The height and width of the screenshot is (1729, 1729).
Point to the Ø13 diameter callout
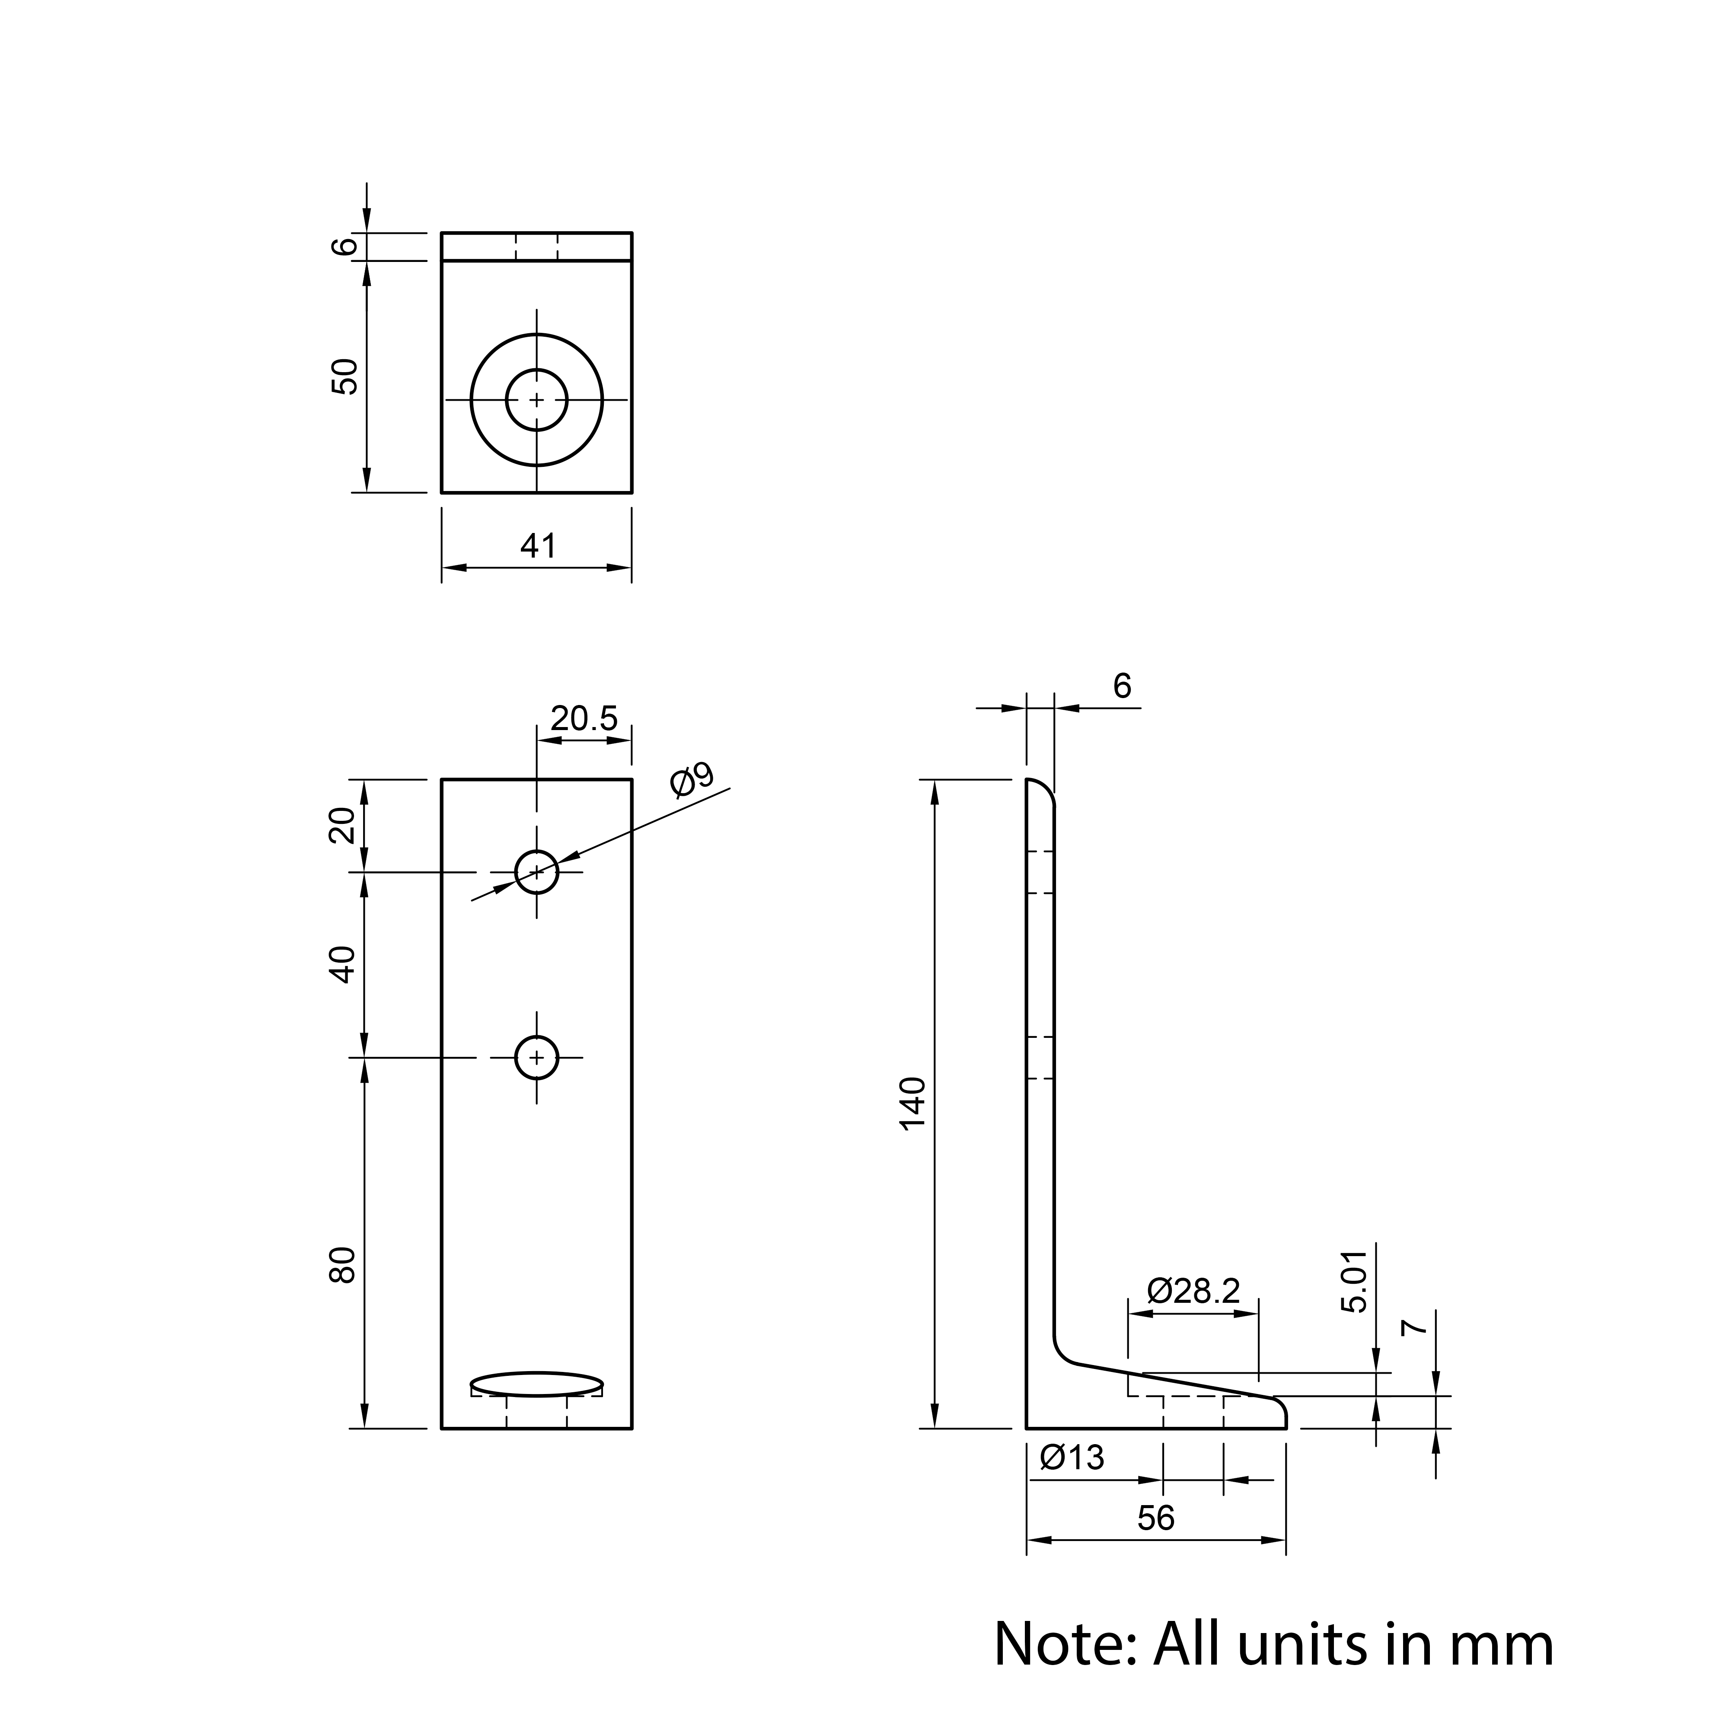pyautogui.click(x=1072, y=1458)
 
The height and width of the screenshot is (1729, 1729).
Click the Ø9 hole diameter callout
pyautogui.click(x=692, y=779)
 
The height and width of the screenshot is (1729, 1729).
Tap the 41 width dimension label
pyautogui.click(x=538, y=546)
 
